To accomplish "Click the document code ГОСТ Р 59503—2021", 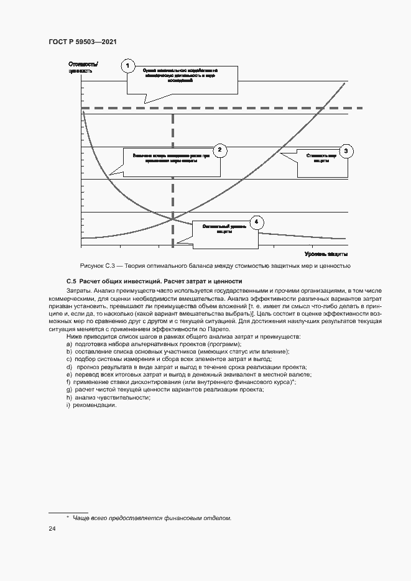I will [83, 42].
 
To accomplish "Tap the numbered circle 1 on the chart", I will [128, 66].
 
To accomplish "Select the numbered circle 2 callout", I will [219, 150].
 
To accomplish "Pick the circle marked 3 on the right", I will [346, 151].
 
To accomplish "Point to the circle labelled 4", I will [256, 222].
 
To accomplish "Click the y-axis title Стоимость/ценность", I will [83, 66].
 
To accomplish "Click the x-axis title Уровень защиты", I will [326, 254].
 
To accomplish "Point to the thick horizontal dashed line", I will [249, 108].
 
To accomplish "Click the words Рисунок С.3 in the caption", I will [95, 266].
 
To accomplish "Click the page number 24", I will [52, 529].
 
